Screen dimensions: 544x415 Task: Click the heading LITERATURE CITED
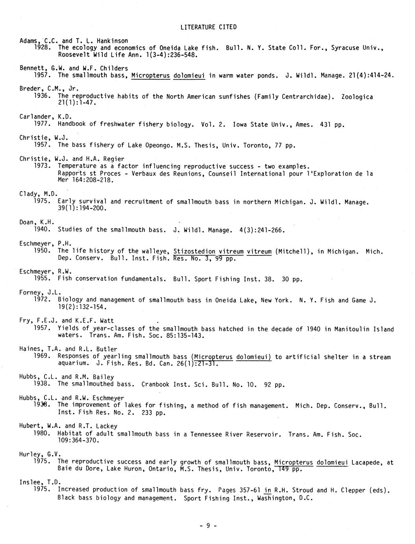point(208,27)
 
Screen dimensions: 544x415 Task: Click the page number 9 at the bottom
point(208,525)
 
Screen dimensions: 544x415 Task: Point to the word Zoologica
point(357,97)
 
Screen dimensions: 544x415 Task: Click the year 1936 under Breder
point(42,96)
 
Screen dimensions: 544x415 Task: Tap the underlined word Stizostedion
point(194,251)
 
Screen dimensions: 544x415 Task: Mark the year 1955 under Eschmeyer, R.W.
point(42,278)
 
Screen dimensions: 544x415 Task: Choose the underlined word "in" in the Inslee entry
point(268,490)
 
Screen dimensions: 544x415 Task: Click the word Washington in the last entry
point(275,498)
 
